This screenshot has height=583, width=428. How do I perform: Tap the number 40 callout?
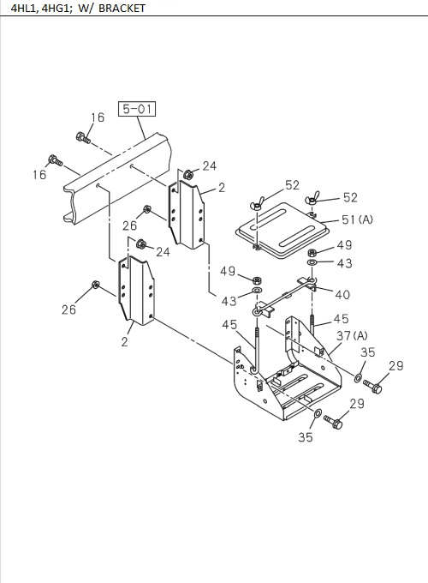[342, 294]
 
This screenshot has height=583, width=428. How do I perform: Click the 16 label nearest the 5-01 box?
[98, 117]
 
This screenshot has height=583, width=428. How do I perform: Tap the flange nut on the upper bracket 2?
[186, 175]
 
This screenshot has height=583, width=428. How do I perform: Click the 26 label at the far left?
[68, 310]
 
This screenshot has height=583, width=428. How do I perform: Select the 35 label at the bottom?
[306, 437]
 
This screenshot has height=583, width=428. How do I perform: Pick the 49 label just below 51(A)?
[344, 245]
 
